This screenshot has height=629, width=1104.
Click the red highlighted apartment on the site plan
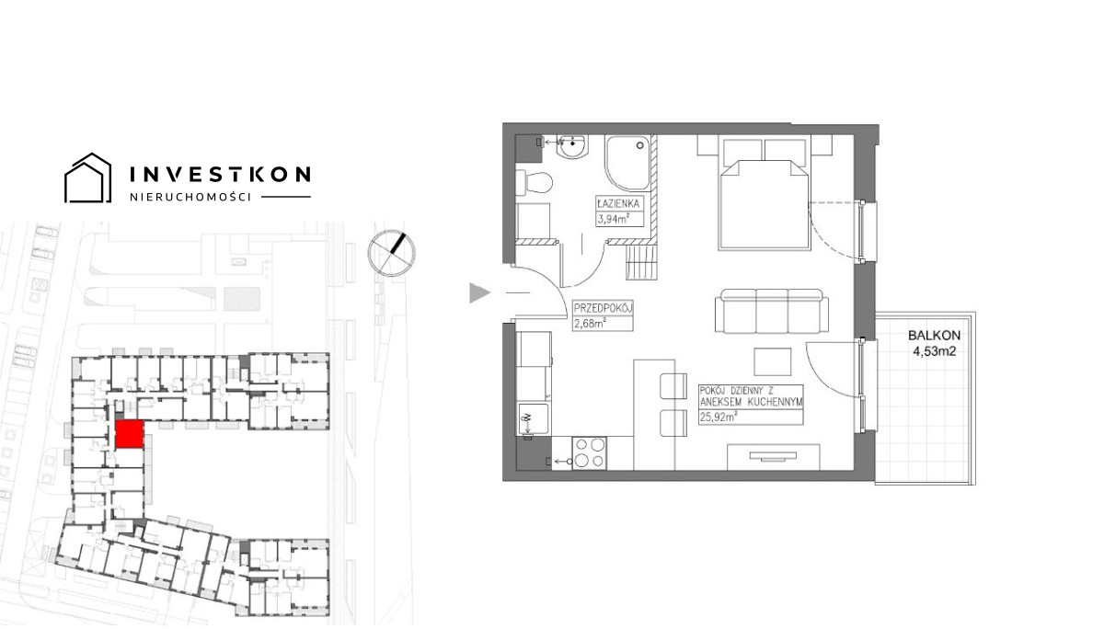point(130,434)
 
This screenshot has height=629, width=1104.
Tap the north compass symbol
point(392,253)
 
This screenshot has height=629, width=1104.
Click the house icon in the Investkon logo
point(87,177)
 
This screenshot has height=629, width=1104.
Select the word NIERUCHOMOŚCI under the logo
point(190,197)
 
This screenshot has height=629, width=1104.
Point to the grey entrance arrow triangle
point(479,293)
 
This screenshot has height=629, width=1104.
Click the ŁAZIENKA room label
point(618,203)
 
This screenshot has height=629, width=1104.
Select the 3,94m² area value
point(614,219)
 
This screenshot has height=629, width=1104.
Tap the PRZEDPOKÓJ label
point(603,308)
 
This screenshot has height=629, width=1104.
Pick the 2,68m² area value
point(590,323)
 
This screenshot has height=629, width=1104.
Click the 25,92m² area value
point(719,417)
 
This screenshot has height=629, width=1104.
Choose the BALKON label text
point(934,336)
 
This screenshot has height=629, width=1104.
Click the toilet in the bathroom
point(534,183)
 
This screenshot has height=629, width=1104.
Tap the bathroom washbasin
point(572,147)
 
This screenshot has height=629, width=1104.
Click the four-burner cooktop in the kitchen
point(590,452)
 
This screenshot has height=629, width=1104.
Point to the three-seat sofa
point(772,312)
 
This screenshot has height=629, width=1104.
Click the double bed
point(764,195)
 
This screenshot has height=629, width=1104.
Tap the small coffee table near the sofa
point(772,362)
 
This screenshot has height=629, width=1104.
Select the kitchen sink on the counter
point(533,419)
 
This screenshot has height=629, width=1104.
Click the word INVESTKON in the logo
point(220,174)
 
